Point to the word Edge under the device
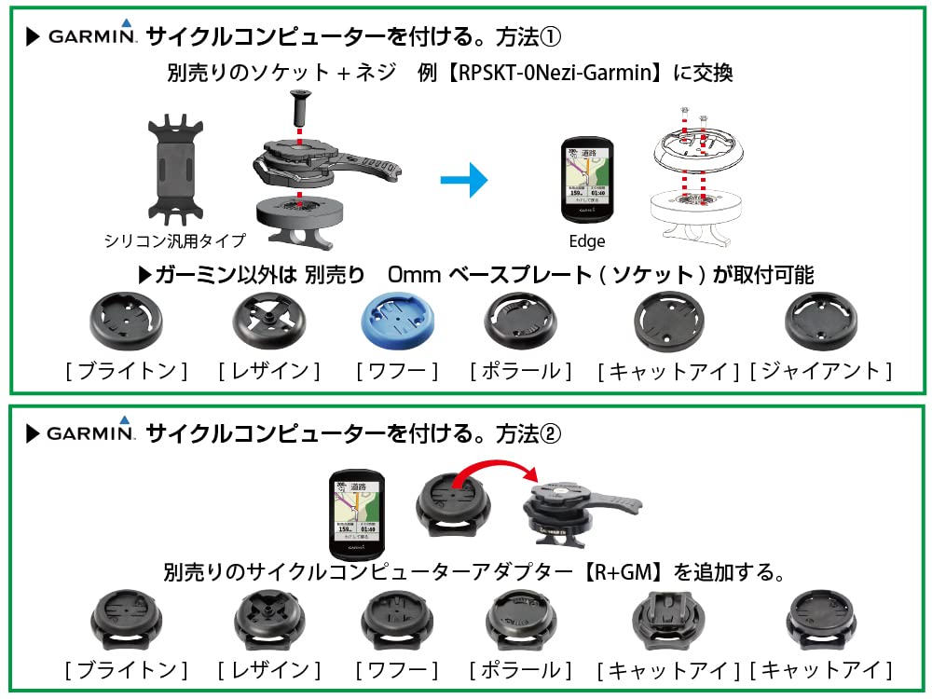tap(586, 241)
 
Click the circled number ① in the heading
tap(557, 38)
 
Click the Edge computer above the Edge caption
tap(587, 181)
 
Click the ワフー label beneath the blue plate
tap(397, 371)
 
